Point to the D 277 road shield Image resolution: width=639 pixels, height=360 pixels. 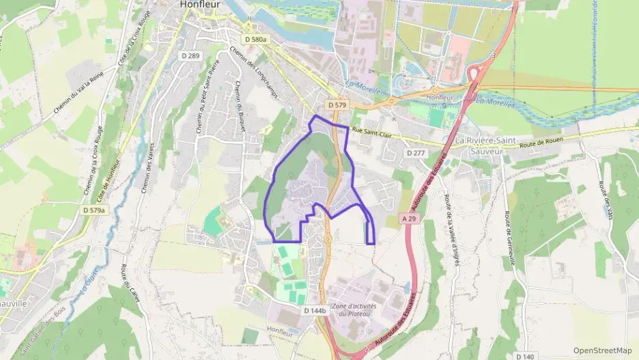416,153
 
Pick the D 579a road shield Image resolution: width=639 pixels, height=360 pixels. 94,210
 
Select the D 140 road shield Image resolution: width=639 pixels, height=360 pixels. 525,356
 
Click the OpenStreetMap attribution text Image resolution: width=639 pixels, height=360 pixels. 603,350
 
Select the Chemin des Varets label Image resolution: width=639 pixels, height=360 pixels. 149,163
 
